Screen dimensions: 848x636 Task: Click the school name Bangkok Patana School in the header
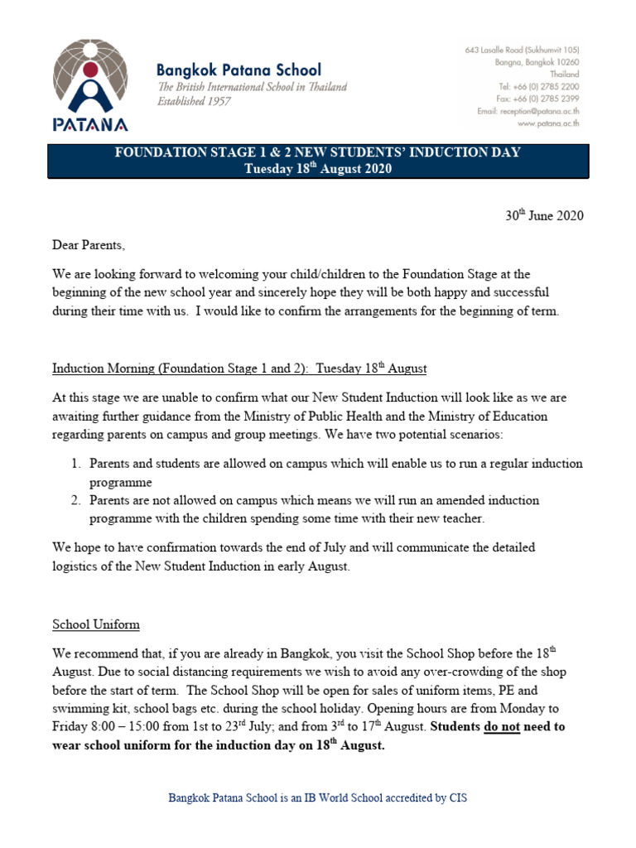point(239,70)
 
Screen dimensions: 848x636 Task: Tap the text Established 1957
point(195,102)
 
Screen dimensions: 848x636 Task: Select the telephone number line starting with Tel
point(538,86)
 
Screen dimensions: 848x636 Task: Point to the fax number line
point(538,99)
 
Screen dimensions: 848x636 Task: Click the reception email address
point(528,111)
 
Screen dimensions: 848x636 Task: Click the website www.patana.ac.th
point(547,123)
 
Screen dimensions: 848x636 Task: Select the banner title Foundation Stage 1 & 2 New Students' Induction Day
point(317,152)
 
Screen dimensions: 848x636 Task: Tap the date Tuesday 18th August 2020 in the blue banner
point(317,169)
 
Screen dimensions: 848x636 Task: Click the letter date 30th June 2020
point(544,216)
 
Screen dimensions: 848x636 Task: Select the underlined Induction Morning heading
point(239,368)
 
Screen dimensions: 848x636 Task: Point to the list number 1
point(75,464)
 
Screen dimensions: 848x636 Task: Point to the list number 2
point(75,501)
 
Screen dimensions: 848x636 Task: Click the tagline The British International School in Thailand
point(253,87)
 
